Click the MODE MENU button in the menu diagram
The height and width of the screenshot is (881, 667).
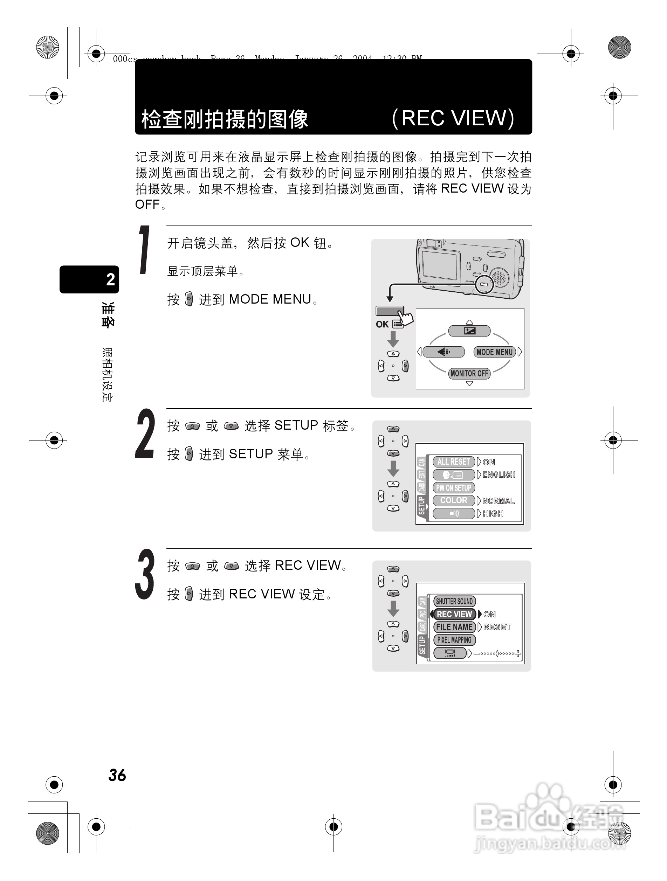[495, 352]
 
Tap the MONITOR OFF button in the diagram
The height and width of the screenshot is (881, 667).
[469, 374]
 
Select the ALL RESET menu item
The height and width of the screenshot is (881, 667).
[453, 462]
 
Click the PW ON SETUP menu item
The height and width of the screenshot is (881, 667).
[453, 488]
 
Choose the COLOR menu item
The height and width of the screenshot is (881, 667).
[453, 501]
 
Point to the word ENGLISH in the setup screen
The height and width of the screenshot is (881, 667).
[499, 475]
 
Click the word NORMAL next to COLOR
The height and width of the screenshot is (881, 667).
[498, 501]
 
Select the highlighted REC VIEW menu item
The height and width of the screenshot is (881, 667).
[454, 615]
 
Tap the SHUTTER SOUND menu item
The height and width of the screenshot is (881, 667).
[454, 602]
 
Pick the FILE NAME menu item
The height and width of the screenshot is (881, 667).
[454, 627]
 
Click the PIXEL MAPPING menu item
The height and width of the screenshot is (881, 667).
[454, 640]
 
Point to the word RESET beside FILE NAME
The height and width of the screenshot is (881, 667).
[497, 627]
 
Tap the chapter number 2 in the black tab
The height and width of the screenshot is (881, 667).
[110, 279]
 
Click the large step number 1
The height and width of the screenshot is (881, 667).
[144, 250]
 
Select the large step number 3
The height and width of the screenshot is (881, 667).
[145, 574]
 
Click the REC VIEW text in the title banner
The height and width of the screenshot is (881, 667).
[453, 118]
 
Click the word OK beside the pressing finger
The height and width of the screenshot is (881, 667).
[382, 324]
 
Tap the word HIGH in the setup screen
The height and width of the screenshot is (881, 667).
[493, 514]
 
